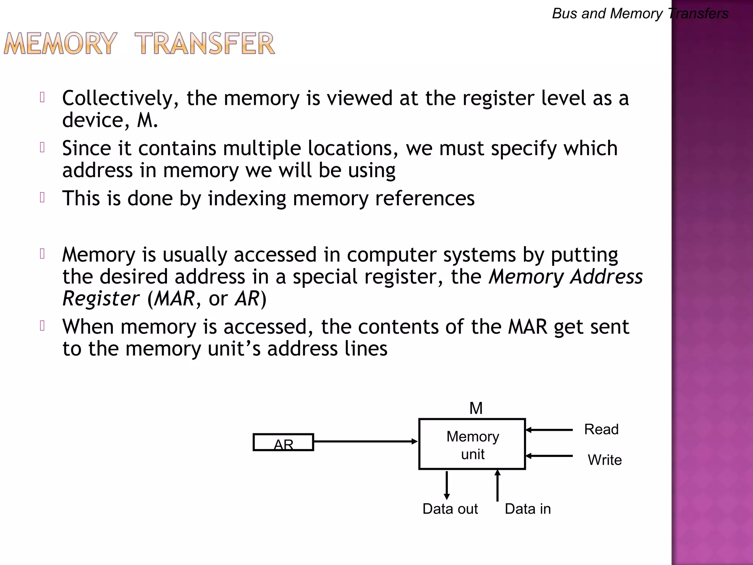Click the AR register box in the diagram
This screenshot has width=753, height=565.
tap(283, 442)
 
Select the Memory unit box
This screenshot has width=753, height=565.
tap(472, 444)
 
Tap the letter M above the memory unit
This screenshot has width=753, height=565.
tap(476, 408)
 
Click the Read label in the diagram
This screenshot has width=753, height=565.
tap(601, 429)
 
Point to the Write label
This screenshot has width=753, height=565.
tap(604, 460)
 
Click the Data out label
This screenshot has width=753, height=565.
tap(450, 509)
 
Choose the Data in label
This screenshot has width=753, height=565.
tap(528, 509)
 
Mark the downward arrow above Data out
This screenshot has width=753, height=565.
tap(447, 485)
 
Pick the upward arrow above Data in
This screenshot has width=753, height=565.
tap(497, 486)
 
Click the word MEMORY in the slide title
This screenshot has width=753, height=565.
tap(61, 44)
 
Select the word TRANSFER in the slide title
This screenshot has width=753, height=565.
tap(204, 44)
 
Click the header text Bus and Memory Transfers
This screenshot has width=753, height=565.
tap(640, 14)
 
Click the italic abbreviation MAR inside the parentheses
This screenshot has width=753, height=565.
tap(174, 298)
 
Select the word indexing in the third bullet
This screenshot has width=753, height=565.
tap(247, 198)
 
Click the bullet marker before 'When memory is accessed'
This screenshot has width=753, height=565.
tap(42, 326)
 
